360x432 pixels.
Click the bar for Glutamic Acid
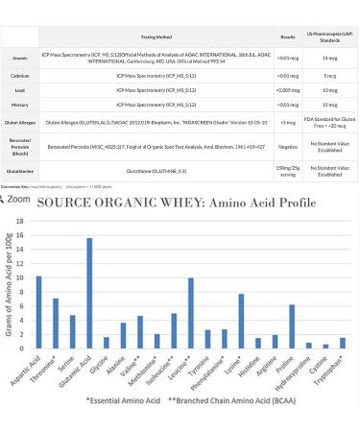pyautogui.click(x=89, y=293)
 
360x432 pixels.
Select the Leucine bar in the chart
pyautogui.click(x=191, y=313)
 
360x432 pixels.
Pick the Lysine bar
pyautogui.click(x=242, y=321)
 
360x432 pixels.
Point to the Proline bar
pyautogui.click(x=292, y=325)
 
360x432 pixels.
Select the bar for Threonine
pyautogui.click(x=56, y=323)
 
